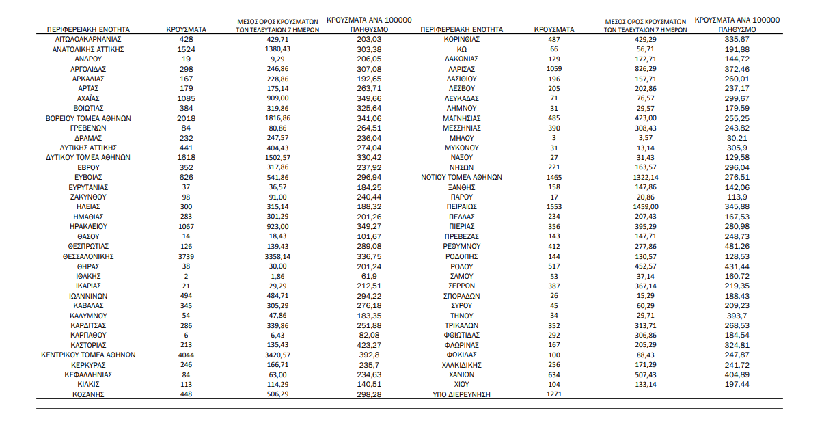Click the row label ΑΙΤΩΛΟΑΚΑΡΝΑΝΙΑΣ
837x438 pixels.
click(88, 40)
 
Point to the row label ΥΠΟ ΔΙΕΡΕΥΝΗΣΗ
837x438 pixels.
click(461, 394)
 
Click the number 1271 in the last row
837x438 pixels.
click(554, 394)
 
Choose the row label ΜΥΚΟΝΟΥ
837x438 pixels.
click(461, 148)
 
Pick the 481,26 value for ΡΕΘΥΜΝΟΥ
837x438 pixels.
click(737, 246)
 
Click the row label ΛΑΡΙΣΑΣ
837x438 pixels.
click(461, 69)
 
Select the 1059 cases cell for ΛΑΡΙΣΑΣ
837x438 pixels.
click(554, 69)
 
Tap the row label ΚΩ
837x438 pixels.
click(461, 49)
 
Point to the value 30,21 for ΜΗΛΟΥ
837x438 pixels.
click(737, 138)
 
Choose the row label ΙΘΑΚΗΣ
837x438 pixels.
click(88, 276)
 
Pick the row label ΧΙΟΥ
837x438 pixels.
click(461, 385)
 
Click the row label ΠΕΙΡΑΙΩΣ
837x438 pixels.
click(461, 206)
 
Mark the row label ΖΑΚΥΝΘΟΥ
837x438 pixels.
click(88, 197)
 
